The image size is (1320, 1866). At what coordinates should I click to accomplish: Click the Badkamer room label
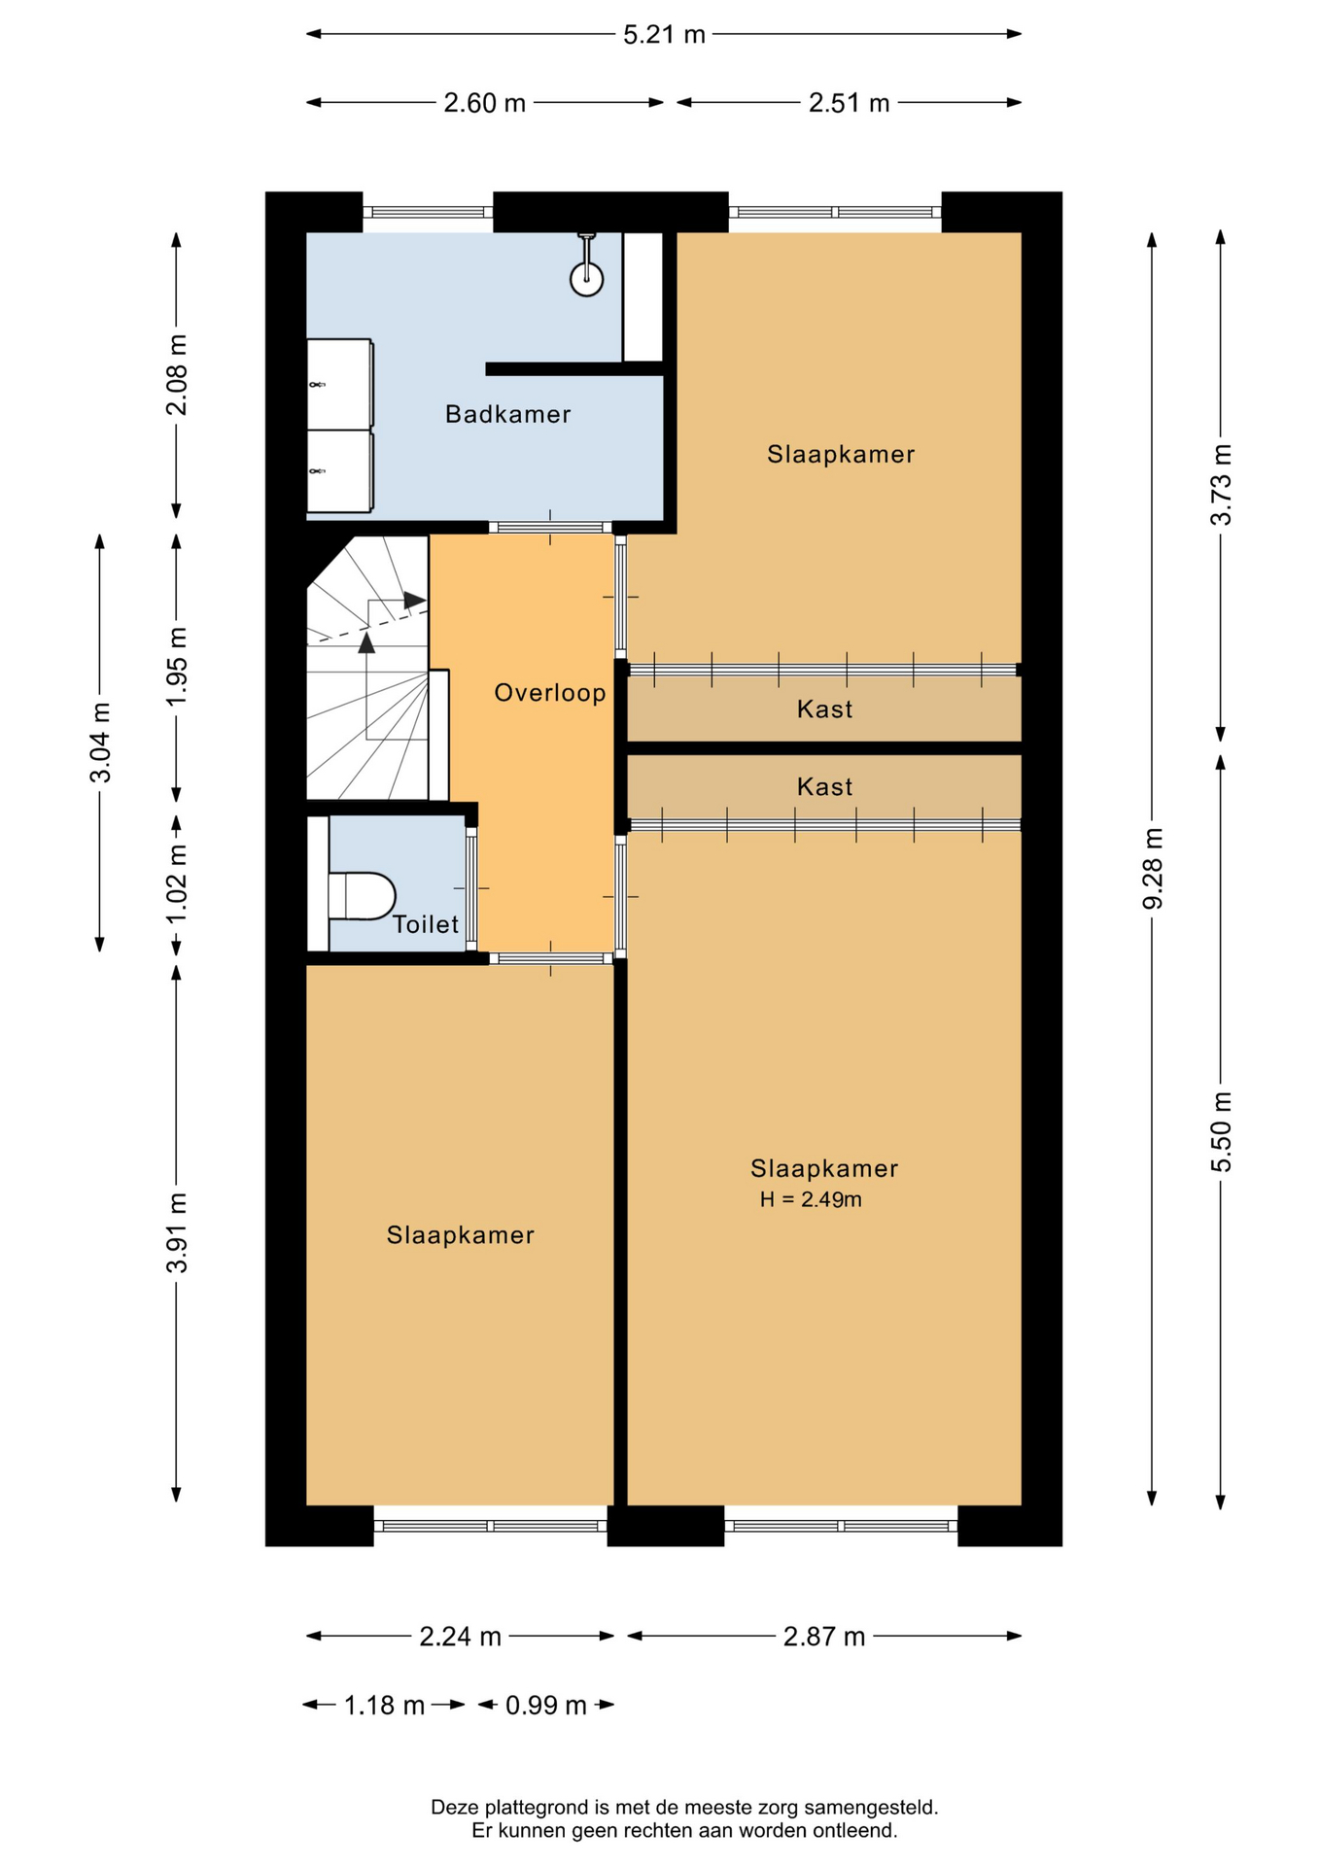tap(507, 414)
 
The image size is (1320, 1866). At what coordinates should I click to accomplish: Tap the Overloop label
tap(550, 692)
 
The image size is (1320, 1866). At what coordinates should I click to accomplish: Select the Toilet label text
tap(426, 923)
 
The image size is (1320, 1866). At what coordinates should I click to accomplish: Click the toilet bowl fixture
tap(362, 896)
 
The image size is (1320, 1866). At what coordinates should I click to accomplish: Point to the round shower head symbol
tap(586, 279)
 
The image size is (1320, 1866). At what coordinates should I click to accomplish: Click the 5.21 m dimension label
tap(664, 34)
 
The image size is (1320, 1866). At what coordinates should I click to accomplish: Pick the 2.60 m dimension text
tap(484, 103)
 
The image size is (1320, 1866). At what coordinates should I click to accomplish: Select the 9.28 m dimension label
tap(1152, 868)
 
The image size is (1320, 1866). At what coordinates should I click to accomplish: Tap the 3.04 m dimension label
tap(100, 742)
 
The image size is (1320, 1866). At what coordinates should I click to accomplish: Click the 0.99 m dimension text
tap(546, 1705)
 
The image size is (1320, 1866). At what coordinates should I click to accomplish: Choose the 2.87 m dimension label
tap(824, 1637)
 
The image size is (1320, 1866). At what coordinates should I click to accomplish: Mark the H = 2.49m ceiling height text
tap(811, 1199)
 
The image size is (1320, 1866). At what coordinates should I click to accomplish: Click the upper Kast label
tap(824, 708)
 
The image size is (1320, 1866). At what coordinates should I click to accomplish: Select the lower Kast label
tap(824, 786)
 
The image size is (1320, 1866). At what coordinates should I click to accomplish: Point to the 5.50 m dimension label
tap(1221, 1131)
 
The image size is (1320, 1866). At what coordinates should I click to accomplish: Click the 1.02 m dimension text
tap(177, 885)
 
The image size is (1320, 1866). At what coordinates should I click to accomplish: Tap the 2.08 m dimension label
tap(177, 374)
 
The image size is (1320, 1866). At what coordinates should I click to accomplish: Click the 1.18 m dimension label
tap(384, 1705)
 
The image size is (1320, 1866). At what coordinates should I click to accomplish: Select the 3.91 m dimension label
tap(177, 1231)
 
